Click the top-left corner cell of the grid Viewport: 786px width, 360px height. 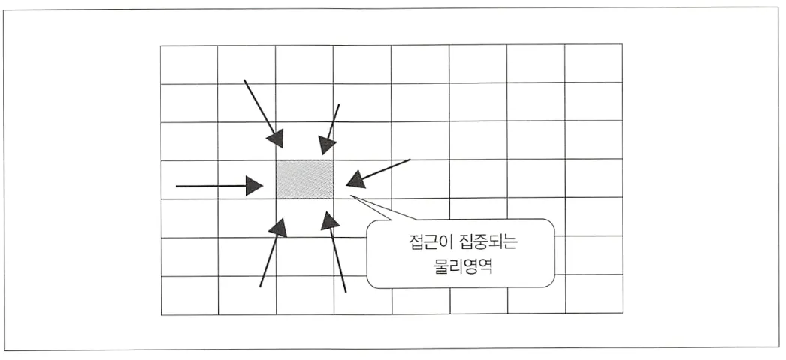tap(189, 64)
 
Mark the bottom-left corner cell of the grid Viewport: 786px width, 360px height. tap(189, 295)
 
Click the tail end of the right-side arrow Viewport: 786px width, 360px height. tap(409, 160)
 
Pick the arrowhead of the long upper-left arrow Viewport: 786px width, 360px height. tap(278, 139)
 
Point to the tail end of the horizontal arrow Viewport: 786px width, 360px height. tap(176, 184)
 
